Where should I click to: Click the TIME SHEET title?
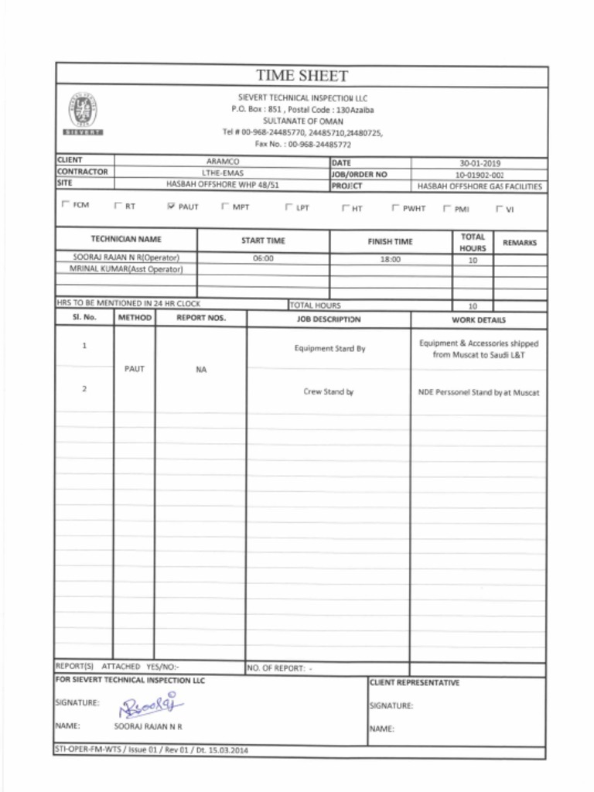[x=302, y=76]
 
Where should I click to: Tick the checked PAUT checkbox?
[x=171, y=207]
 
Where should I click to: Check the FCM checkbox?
[x=64, y=207]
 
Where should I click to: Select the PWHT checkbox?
[x=395, y=208]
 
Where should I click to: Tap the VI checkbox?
[x=499, y=208]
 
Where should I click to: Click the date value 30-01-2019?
[x=480, y=163]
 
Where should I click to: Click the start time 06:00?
[x=263, y=259]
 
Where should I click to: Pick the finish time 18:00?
[x=391, y=259]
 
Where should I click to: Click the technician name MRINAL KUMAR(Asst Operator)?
[x=126, y=269]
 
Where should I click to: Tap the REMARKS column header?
[x=519, y=242]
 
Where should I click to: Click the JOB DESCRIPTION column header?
[x=328, y=319]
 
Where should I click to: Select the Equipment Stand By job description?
[x=329, y=349]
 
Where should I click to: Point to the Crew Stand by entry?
[x=328, y=392]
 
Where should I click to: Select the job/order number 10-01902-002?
[x=480, y=175]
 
